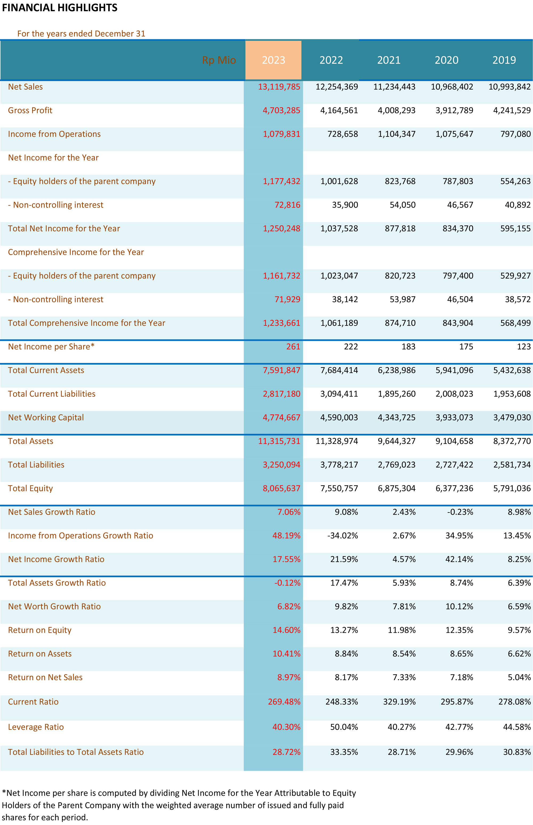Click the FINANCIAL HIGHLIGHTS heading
tap(59, 8)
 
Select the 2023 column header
tap(273, 60)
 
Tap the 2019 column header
tap(504, 60)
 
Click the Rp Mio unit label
tap(219, 60)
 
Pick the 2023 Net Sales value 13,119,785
tap(279, 87)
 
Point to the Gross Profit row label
tap(30, 110)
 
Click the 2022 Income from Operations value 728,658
tap(343, 134)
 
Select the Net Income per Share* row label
tap(51, 347)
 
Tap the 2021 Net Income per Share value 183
tap(408, 347)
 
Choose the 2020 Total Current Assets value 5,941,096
tap(454, 370)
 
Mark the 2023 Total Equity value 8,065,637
tap(281, 488)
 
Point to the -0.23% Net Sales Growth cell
tap(460, 512)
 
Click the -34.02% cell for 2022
tap(343, 536)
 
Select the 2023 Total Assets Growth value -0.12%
tap(287, 583)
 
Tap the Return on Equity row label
tap(40, 630)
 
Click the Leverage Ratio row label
tap(36, 727)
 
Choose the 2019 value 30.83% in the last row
tap(517, 752)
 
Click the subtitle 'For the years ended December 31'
tap(81, 34)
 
